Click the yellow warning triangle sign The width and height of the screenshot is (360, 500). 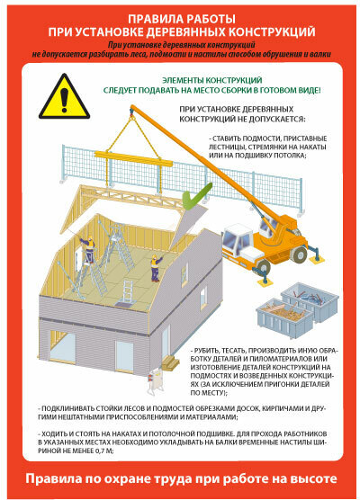coord(64,98)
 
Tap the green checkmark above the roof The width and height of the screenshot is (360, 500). coord(195,196)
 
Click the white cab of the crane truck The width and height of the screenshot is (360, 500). coord(238,239)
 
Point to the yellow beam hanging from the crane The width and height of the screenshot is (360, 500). coord(133,159)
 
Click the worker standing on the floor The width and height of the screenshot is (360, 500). coord(156,267)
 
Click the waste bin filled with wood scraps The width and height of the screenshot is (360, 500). coord(282,314)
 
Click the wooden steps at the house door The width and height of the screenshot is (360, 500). coord(170,362)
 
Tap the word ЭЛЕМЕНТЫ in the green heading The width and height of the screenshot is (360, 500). coord(182,80)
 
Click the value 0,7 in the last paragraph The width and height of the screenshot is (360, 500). coord(99,451)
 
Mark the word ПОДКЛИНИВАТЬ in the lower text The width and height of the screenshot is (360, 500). coord(64,408)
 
